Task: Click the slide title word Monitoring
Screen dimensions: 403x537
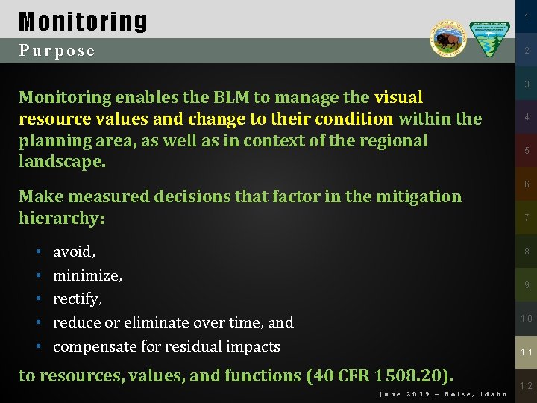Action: coord(83,22)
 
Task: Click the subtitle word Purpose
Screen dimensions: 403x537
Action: coord(57,51)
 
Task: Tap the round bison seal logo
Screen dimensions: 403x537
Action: coord(447,38)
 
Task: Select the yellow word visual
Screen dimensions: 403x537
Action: coord(398,97)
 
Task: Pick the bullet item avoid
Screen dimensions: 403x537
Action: coord(73,252)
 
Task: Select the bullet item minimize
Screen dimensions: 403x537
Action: coord(87,275)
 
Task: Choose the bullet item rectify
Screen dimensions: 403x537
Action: coord(77,299)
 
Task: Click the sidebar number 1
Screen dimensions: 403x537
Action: coord(526,16)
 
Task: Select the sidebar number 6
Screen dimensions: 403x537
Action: coord(526,184)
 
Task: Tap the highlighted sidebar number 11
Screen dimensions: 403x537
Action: coord(526,352)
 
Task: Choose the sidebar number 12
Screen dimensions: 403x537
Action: coord(526,386)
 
